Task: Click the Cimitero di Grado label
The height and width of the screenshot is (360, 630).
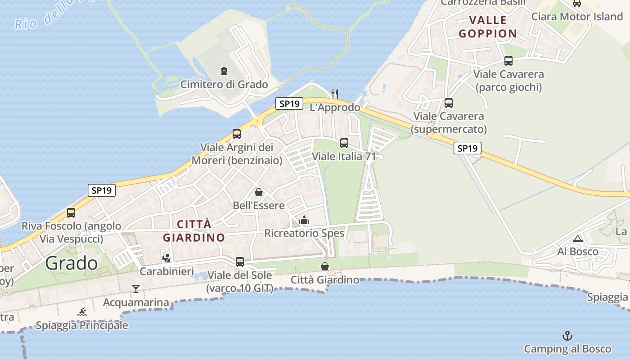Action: pyautogui.click(x=224, y=85)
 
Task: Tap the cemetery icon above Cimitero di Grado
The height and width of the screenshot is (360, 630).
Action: pyautogui.click(x=224, y=71)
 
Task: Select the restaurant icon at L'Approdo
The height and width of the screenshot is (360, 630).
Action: pyautogui.click(x=334, y=94)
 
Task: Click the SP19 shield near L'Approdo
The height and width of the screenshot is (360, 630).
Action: pyautogui.click(x=289, y=103)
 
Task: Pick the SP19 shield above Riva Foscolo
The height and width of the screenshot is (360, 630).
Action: pyautogui.click(x=101, y=190)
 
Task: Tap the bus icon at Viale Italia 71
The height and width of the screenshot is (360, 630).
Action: pyautogui.click(x=344, y=143)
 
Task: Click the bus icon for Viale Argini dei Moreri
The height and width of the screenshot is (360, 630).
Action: pyautogui.click(x=237, y=134)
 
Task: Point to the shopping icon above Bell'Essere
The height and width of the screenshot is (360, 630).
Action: pyautogui.click(x=259, y=193)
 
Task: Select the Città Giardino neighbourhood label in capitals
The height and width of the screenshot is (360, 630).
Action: pyautogui.click(x=193, y=231)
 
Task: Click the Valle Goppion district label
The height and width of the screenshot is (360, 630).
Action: pyautogui.click(x=488, y=27)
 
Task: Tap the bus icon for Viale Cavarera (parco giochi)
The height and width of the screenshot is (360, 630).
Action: pyautogui.click(x=508, y=61)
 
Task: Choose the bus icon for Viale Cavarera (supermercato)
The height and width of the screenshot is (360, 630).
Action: pyautogui.click(x=449, y=103)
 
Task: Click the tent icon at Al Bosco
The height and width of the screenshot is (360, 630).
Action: pyautogui.click(x=578, y=238)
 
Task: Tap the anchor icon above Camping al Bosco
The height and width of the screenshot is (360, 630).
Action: pyautogui.click(x=567, y=336)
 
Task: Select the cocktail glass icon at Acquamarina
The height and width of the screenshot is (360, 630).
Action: pyautogui.click(x=136, y=288)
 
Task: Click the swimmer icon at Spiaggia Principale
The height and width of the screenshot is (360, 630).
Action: pyautogui.click(x=82, y=312)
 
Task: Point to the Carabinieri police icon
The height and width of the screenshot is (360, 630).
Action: pyautogui.click(x=166, y=258)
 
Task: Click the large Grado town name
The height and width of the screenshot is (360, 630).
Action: pyautogui.click(x=72, y=263)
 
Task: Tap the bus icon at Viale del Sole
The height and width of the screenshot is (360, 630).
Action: pyautogui.click(x=240, y=261)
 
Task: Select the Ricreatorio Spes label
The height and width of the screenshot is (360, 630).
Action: pyautogui.click(x=304, y=233)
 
